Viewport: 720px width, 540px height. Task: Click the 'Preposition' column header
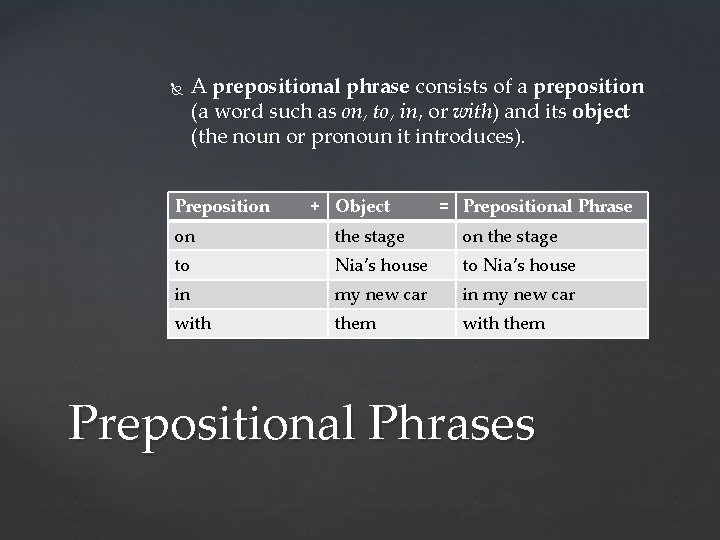[222, 206]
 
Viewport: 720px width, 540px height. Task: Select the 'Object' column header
[363, 206]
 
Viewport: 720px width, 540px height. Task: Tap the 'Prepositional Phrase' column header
[547, 206]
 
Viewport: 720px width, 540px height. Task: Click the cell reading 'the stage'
[370, 236]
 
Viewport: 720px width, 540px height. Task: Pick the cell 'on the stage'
[510, 236]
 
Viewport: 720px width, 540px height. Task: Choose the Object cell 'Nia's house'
[381, 265]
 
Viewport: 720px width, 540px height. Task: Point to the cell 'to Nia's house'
[519, 265]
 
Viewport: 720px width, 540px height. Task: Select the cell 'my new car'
[381, 294]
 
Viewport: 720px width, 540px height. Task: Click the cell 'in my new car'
[519, 294]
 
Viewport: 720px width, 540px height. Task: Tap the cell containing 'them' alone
[356, 323]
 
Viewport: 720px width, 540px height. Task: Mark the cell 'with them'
[504, 323]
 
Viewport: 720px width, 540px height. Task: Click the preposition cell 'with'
[193, 323]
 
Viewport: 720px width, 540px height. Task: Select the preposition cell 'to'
[182, 265]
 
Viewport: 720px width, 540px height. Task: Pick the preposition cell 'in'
[182, 294]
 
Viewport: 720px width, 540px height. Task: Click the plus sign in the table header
[315, 206]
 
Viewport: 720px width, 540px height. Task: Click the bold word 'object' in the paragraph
[601, 111]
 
